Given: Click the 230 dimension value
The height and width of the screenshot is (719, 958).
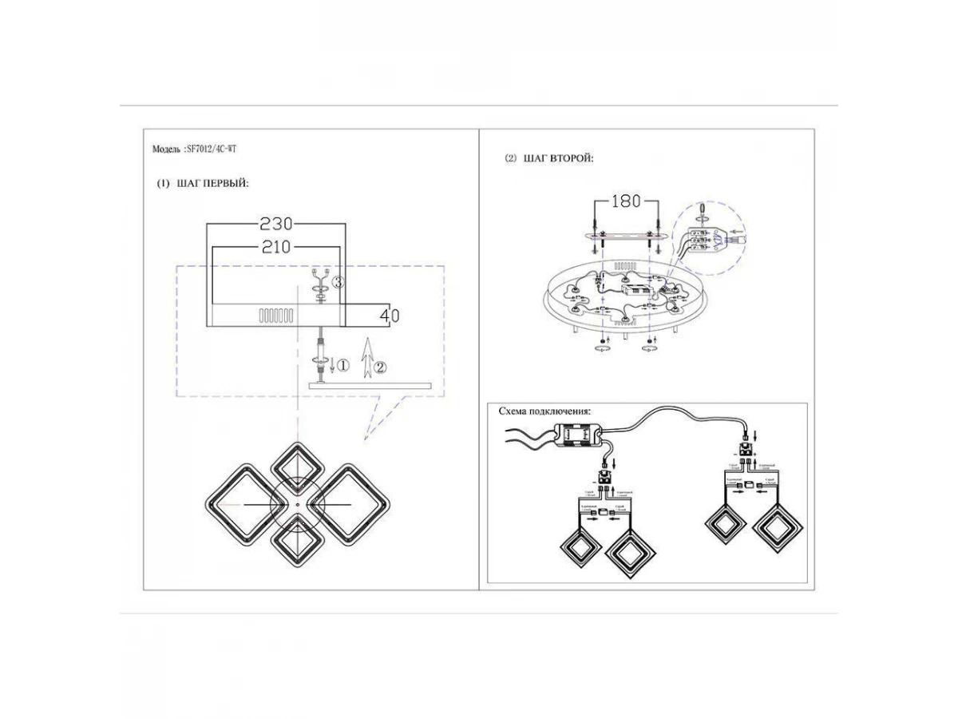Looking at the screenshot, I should point(277,223).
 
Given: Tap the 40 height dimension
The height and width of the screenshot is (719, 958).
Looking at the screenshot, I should point(389,316).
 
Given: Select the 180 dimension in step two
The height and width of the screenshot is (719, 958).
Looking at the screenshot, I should point(625,201).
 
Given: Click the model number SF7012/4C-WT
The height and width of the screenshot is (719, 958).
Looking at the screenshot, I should point(211,149).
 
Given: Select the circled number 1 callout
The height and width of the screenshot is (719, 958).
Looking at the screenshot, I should point(342,366).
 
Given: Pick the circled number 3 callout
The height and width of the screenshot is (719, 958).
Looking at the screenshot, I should point(338,282).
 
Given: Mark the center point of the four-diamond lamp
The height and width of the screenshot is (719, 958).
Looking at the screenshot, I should point(295,506).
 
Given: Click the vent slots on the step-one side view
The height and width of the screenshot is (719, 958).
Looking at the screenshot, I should point(276,316).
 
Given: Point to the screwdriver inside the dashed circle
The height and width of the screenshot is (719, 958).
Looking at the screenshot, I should point(702,210).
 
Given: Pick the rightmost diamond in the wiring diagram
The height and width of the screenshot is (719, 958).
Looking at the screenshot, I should point(778,529).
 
